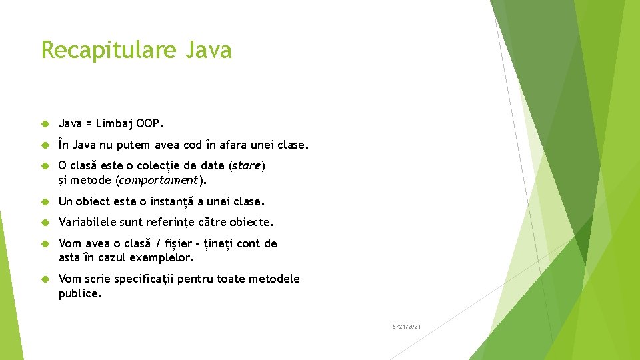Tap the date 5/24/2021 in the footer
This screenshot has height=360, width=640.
pos(406,327)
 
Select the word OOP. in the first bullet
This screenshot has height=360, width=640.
pos(150,123)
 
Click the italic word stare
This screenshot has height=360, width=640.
pos(247,165)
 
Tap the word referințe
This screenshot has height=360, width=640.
pos(167,222)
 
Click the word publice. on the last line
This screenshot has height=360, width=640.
pos(81,293)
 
